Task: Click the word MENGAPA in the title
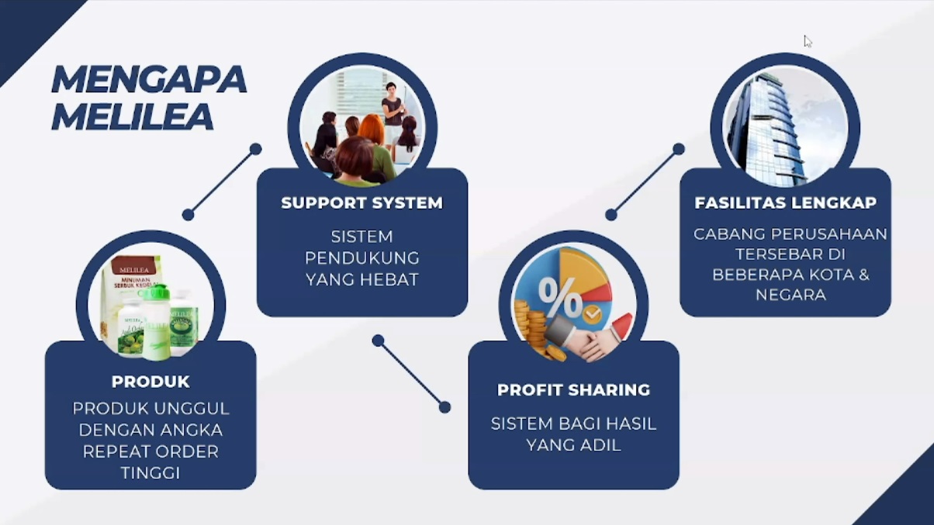click(x=148, y=80)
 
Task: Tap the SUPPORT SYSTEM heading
click(x=361, y=203)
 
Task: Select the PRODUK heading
click(x=150, y=382)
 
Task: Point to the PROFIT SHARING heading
click(x=573, y=390)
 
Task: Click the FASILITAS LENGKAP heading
click(x=785, y=203)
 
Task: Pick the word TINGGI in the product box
click(x=150, y=472)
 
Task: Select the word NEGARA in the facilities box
click(x=785, y=295)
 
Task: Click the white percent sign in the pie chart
click(x=560, y=299)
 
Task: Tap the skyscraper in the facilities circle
click(x=757, y=128)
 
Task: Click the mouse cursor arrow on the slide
click(x=807, y=40)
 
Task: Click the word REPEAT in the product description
click(x=113, y=451)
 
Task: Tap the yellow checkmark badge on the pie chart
click(x=593, y=314)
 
